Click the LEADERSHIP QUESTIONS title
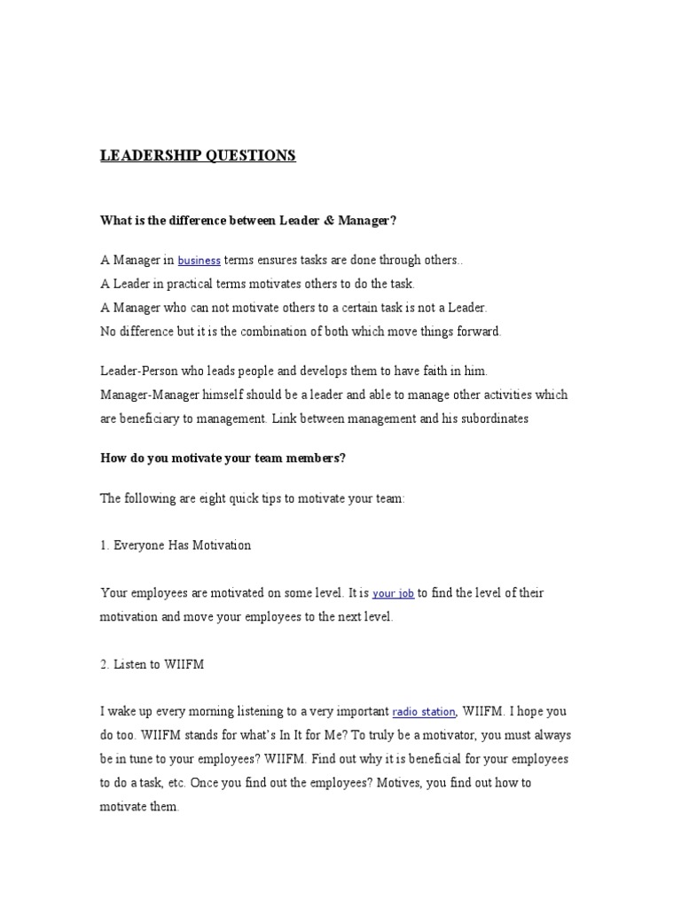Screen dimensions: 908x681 (x=198, y=156)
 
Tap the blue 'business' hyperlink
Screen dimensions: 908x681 (x=199, y=261)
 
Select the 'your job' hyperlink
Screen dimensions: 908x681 (x=393, y=593)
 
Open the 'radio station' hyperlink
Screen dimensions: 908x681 (x=424, y=712)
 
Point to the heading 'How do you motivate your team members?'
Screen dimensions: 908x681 (x=223, y=458)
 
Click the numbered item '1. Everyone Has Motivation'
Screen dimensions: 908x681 (x=176, y=545)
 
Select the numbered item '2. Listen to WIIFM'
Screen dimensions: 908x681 (x=153, y=664)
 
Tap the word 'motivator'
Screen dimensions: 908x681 (x=437, y=735)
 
